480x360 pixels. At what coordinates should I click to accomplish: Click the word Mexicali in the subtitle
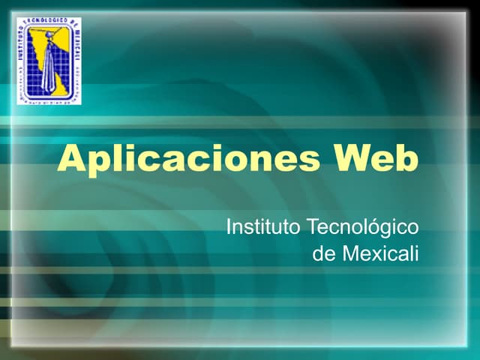380,253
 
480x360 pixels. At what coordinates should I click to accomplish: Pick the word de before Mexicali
324,253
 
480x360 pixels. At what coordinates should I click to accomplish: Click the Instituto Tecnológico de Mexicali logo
49,60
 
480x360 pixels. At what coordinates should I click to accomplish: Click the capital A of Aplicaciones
73,159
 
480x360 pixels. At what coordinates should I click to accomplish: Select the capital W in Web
355,159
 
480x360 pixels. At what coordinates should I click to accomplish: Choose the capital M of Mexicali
350,253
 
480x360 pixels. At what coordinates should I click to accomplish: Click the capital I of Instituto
229,226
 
